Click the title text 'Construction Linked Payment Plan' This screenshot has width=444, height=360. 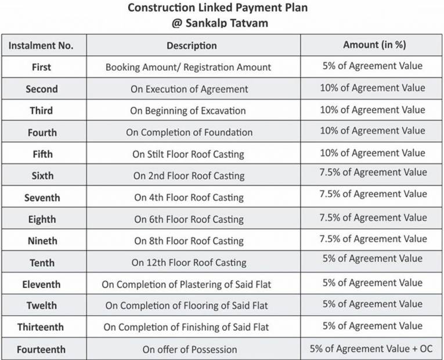tap(217, 8)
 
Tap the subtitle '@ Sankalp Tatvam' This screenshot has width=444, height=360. tap(217, 24)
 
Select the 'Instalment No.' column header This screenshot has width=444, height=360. tap(41, 46)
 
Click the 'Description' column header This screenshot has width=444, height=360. tap(192, 46)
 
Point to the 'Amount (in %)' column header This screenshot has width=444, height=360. tap(374, 45)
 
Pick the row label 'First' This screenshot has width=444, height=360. tap(41, 67)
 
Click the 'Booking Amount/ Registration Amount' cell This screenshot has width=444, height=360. tap(188, 67)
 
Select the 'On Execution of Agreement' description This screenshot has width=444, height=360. tap(189, 89)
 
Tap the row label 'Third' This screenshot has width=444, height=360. tap(41, 110)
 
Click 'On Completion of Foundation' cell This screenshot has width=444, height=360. tap(189, 132)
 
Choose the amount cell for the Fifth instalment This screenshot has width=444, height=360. tap(373, 153)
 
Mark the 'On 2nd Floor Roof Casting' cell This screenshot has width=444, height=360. tap(189, 176)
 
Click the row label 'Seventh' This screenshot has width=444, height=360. tap(42, 198)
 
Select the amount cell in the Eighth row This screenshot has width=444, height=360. tap(373, 218)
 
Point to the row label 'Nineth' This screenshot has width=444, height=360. tap(42, 241)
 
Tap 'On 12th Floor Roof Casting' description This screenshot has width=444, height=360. tap(189, 262)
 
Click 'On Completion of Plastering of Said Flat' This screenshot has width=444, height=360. tap(186, 285)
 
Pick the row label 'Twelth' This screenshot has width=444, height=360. tap(41, 305)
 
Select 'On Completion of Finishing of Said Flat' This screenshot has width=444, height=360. tap(186, 327)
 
